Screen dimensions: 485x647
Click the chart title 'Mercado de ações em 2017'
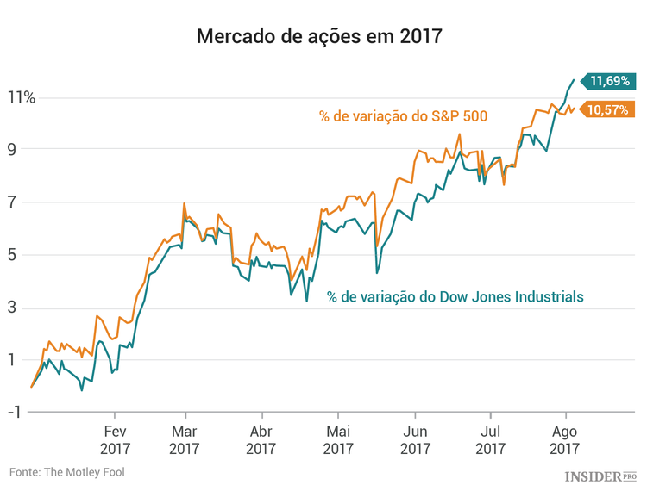(x=319, y=37)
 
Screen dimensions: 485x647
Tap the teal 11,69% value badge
(x=611, y=82)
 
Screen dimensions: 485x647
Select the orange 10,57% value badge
(x=611, y=109)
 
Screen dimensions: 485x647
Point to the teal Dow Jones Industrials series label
(x=455, y=296)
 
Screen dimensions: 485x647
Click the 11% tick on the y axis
(x=22, y=97)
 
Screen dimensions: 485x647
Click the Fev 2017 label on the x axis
(x=116, y=440)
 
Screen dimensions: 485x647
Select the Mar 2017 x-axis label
(x=185, y=440)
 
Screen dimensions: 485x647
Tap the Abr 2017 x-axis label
(x=261, y=440)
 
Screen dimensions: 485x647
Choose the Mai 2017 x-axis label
(x=337, y=440)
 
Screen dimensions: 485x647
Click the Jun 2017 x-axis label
(x=415, y=440)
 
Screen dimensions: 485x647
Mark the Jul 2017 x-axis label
(x=490, y=440)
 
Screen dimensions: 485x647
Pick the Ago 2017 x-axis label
(x=564, y=440)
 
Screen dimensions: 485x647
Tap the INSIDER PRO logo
(x=600, y=475)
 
